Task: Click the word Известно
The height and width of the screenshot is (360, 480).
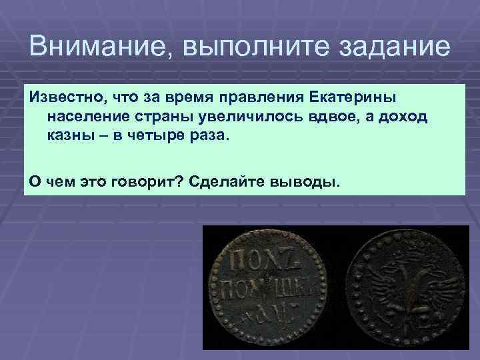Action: click(x=65, y=98)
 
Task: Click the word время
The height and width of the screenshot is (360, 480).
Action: click(x=185, y=98)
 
